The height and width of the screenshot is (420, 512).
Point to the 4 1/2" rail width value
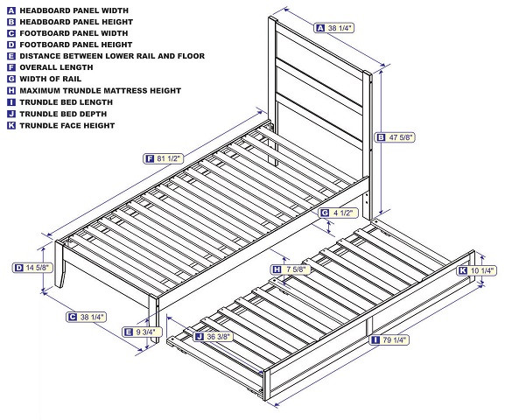345,213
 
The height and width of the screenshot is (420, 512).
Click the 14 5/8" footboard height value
39,268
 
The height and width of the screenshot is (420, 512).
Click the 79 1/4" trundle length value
397,340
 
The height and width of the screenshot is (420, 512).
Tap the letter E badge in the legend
11,55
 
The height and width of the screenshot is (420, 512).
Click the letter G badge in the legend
11,79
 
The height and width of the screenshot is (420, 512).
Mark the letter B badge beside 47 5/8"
380,136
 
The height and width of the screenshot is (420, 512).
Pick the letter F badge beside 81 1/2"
151,158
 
